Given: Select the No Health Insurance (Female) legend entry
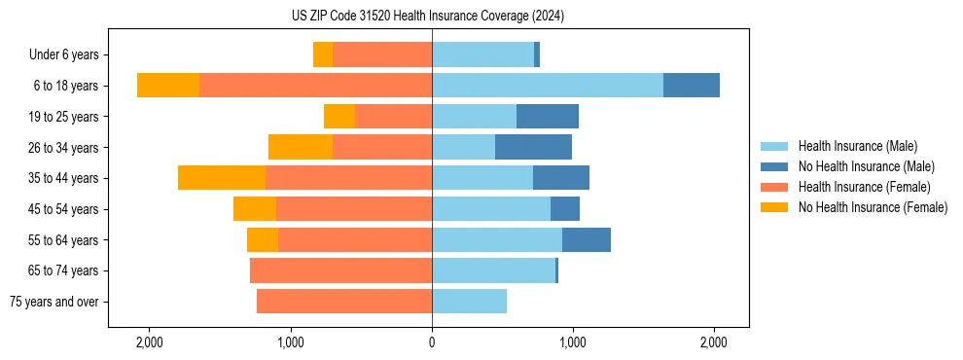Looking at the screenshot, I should pyautogui.click(x=873, y=207).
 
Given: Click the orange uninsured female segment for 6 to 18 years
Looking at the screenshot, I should pyautogui.click(x=168, y=86).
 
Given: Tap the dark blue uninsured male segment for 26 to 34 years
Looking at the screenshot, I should pyautogui.click(x=533, y=147).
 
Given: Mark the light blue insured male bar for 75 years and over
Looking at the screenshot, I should pyautogui.click(x=469, y=302).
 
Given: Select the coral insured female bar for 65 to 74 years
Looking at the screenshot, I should pyautogui.click(x=340, y=270).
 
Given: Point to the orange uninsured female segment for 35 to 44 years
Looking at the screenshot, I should pyautogui.click(x=222, y=178).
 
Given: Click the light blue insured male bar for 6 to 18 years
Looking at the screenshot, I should pyautogui.click(x=548, y=86).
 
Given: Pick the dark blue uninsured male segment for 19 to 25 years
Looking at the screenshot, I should pyautogui.click(x=548, y=117).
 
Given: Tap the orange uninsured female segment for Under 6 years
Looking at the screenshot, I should pyautogui.click(x=323, y=55).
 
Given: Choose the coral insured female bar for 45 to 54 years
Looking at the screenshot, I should pyautogui.click(x=354, y=209).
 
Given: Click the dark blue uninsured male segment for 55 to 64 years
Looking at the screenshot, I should pyautogui.click(x=587, y=239).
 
